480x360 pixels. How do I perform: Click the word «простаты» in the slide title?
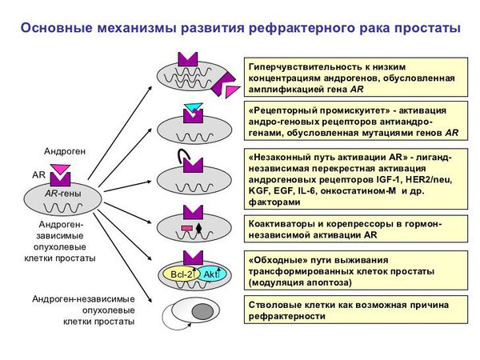426,28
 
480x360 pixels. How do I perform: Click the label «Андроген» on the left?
65,150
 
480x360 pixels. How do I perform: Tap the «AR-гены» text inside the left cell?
62,193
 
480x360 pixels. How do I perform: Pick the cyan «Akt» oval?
211,274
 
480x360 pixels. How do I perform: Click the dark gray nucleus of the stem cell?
202,311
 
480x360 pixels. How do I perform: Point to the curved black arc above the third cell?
183,156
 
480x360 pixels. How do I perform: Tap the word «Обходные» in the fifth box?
281,261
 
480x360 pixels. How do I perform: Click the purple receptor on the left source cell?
63,177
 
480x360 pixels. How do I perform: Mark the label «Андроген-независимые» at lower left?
83,298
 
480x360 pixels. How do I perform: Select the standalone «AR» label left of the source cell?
38,173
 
